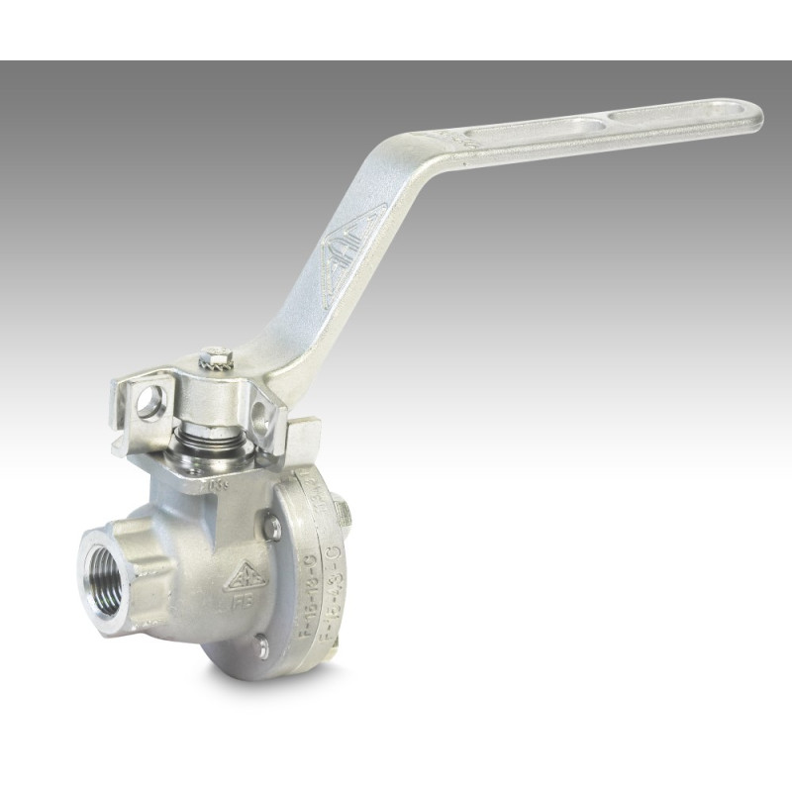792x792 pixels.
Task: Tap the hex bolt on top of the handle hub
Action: (x=216, y=356)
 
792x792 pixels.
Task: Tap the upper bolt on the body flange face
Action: (x=271, y=528)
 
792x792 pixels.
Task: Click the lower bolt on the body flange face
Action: (x=261, y=649)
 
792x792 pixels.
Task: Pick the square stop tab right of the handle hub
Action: (x=304, y=436)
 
